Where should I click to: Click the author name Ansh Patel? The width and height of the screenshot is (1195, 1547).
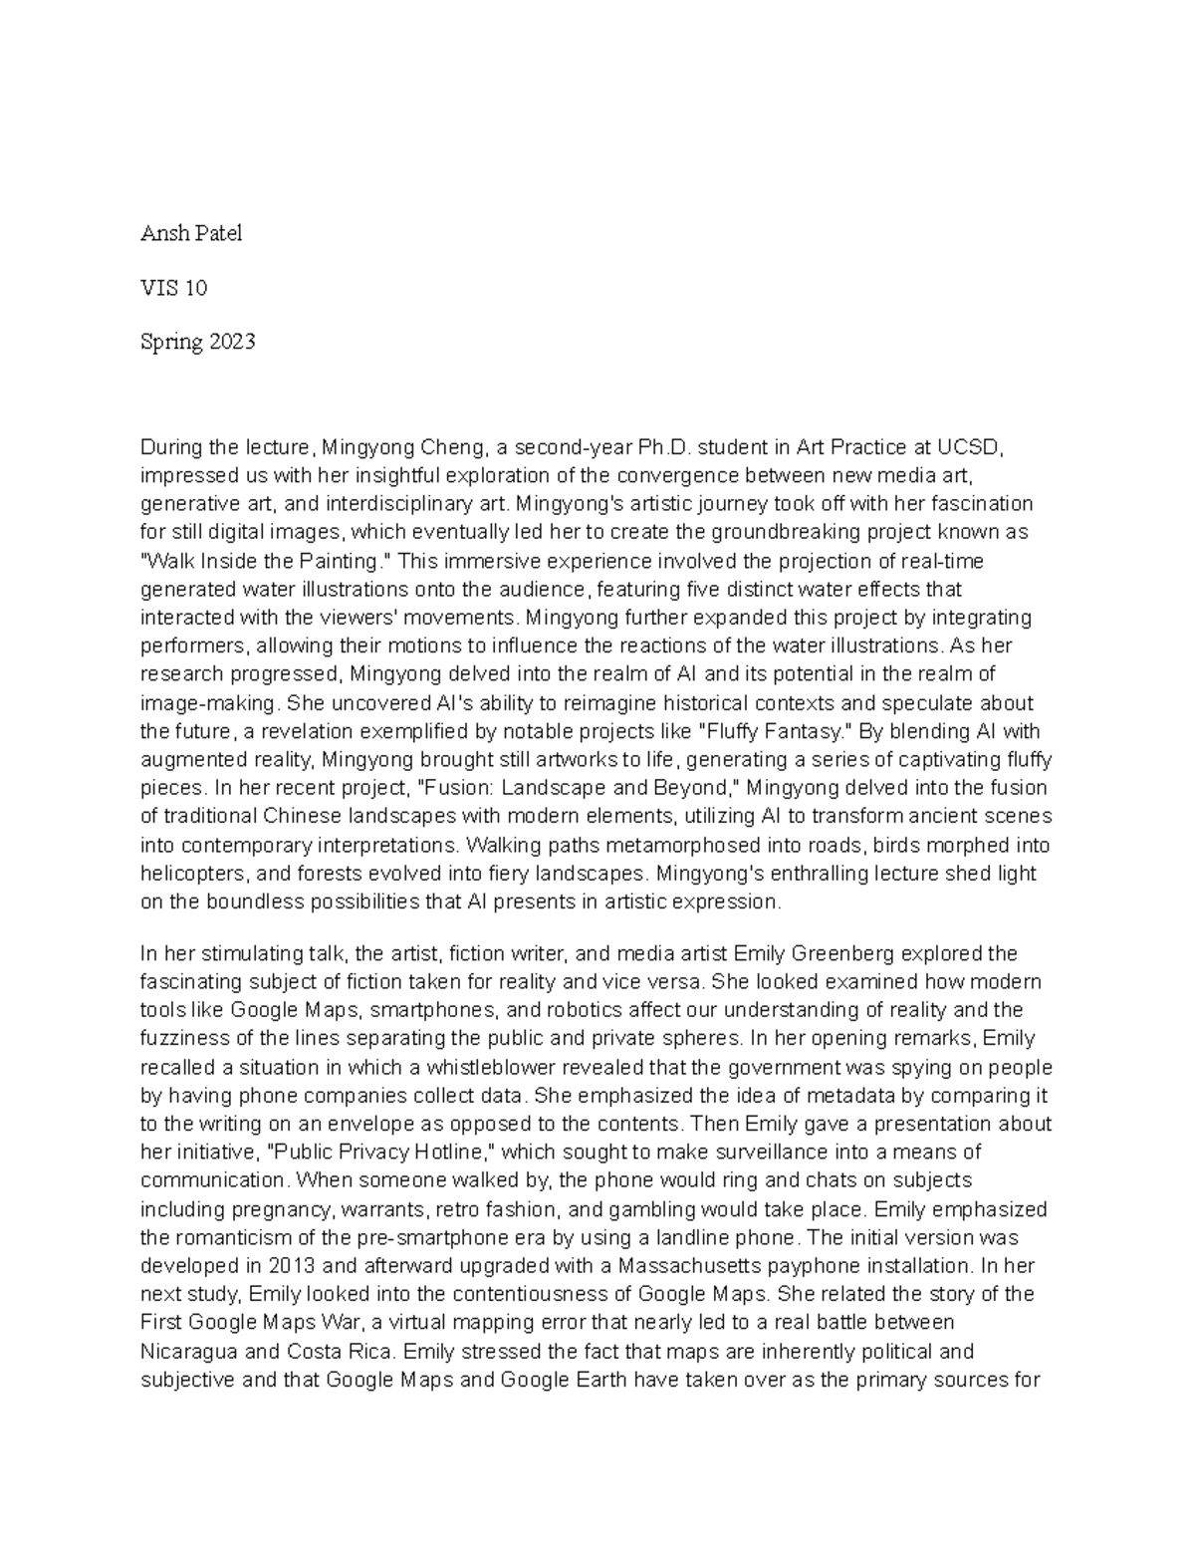190,234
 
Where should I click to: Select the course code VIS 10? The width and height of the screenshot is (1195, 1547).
173,288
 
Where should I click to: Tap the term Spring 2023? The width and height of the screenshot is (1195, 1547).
197,342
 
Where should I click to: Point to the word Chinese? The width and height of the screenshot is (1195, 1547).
300,817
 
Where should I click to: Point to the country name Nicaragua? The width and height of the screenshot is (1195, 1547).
188,1352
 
